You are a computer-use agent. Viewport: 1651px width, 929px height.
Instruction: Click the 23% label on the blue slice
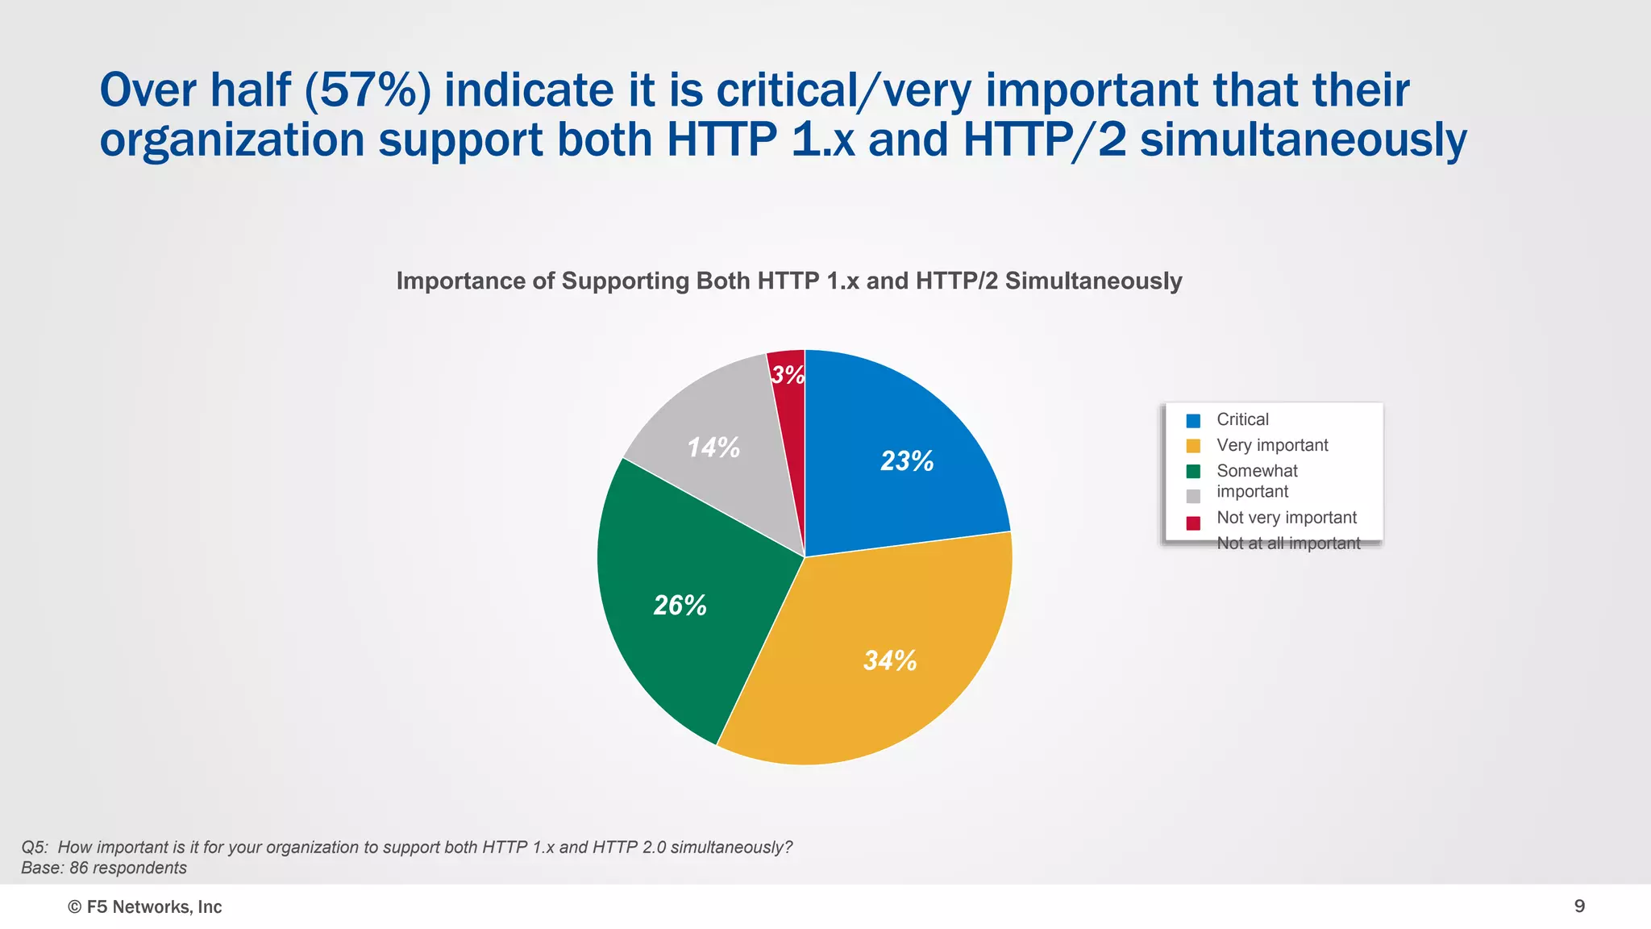pyautogui.click(x=907, y=461)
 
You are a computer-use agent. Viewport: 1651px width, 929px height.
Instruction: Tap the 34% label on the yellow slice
pyautogui.click(x=890, y=660)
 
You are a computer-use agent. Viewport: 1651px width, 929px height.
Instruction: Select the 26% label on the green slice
pyautogui.click(x=680, y=605)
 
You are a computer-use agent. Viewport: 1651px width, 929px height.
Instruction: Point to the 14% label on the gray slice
pyautogui.click(x=713, y=448)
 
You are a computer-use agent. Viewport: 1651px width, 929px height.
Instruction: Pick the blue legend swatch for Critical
pyautogui.click(x=1193, y=420)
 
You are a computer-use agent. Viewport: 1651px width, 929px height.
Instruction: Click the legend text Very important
pyautogui.click(x=1272, y=445)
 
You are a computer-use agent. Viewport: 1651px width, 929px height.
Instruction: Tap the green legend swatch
pyautogui.click(x=1193, y=471)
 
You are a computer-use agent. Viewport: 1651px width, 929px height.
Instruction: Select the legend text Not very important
pyautogui.click(x=1287, y=518)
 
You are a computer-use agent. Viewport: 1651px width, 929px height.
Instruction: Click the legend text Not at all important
pyautogui.click(x=1288, y=544)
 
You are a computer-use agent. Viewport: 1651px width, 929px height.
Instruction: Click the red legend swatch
pyautogui.click(x=1193, y=523)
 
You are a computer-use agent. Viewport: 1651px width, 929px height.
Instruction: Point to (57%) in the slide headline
pyautogui.click(x=368, y=90)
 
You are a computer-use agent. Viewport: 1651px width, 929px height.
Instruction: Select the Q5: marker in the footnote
pyautogui.click(x=35, y=847)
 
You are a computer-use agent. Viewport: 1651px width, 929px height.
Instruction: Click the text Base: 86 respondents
pyautogui.click(x=104, y=868)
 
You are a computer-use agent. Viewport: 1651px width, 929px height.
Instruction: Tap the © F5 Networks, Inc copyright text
pyautogui.click(x=145, y=906)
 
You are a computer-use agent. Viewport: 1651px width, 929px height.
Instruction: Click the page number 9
pyautogui.click(x=1579, y=906)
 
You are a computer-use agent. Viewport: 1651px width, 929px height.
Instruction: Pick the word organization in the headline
pyautogui.click(x=232, y=140)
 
